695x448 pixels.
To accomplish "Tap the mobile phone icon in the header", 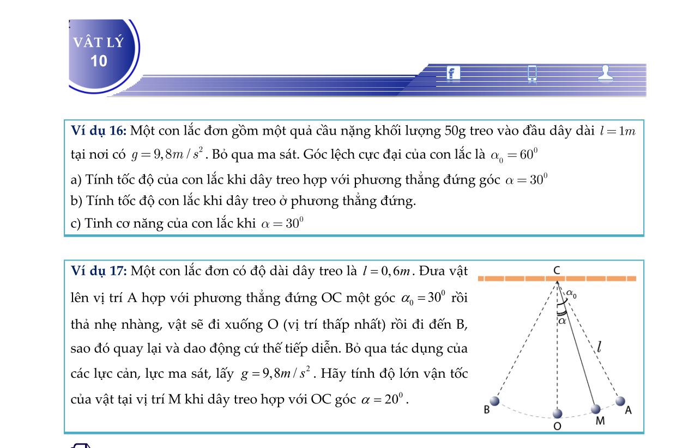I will pos(532,73).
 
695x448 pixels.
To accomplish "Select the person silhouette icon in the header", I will pos(605,73).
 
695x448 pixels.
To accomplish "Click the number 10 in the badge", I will pos(99,61).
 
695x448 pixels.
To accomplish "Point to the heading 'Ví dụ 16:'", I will pos(99,131).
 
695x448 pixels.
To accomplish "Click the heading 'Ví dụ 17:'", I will pos(99,271).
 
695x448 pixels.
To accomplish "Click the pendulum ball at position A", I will pos(620,401).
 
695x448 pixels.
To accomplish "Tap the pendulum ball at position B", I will pos(494,401).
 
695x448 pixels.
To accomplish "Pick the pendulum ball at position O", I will pos(557,413).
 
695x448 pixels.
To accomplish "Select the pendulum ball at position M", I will pos(596,409).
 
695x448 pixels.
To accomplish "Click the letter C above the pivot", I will pos(557,270).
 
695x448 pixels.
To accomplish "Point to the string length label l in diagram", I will pos(599,346).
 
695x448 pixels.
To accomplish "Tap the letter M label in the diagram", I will pos(600,421).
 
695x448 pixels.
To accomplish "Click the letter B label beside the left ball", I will pos(487,410).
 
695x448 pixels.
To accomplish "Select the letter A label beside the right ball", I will pos(628,410).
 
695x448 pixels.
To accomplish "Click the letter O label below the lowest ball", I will pos(557,426).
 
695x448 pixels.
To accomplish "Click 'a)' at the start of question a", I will pos(76,180).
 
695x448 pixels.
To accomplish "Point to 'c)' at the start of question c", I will pos(76,223).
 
